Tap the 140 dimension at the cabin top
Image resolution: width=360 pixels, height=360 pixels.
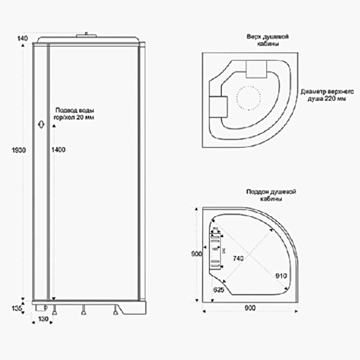pyautogui.click(x=23, y=38)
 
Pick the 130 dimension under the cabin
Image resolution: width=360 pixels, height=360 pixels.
pyautogui.click(x=43, y=319)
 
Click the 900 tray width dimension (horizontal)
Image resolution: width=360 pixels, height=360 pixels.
pyautogui.click(x=250, y=308)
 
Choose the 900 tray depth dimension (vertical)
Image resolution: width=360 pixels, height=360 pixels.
pyautogui.click(x=196, y=254)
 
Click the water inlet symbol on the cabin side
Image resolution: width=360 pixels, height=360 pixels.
pyautogui.click(x=40, y=124)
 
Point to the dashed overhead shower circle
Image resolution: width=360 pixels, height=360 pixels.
pyautogui.click(x=249, y=99)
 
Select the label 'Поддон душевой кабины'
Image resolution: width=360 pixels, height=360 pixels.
pyautogui.click(x=272, y=195)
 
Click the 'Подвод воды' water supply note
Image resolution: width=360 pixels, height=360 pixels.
pyautogui.click(x=75, y=114)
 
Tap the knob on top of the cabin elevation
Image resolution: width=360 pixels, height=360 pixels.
pyautogui.click(x=90, y=35)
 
